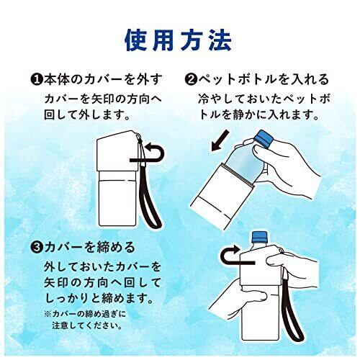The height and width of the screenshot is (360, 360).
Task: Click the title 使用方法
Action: [178, 40]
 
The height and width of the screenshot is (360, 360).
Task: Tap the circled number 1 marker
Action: [36, 80]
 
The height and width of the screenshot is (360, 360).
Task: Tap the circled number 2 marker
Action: [191, 80]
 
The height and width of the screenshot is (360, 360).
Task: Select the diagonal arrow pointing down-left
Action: [220, 140]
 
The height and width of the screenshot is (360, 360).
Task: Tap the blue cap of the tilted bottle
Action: [264, 139]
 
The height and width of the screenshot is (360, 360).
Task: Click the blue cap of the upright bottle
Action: [259, 237]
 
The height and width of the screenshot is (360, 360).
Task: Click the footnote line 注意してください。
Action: [86, 326]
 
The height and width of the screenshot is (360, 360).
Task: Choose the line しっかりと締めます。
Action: [99, 299]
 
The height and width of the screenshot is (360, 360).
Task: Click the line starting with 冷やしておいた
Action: [264, 99]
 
